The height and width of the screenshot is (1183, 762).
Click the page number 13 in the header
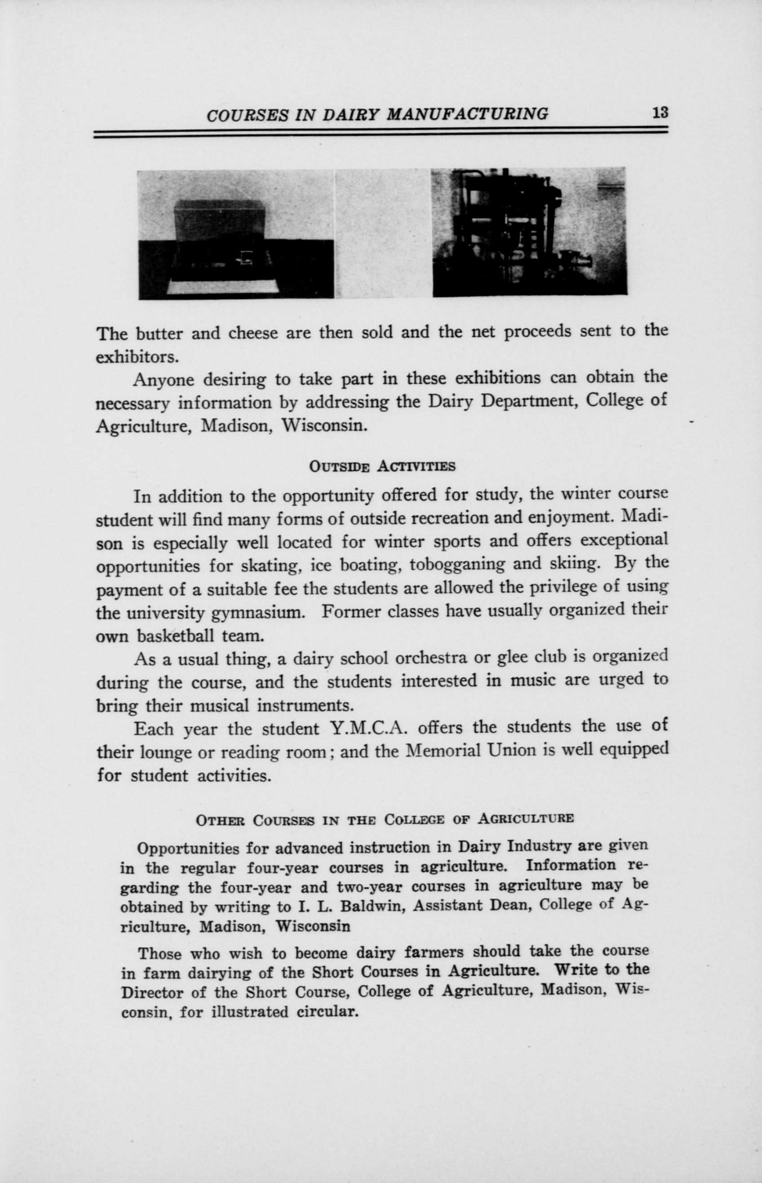660,113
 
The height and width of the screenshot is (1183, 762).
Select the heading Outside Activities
381,466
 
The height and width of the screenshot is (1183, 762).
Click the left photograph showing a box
236,234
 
